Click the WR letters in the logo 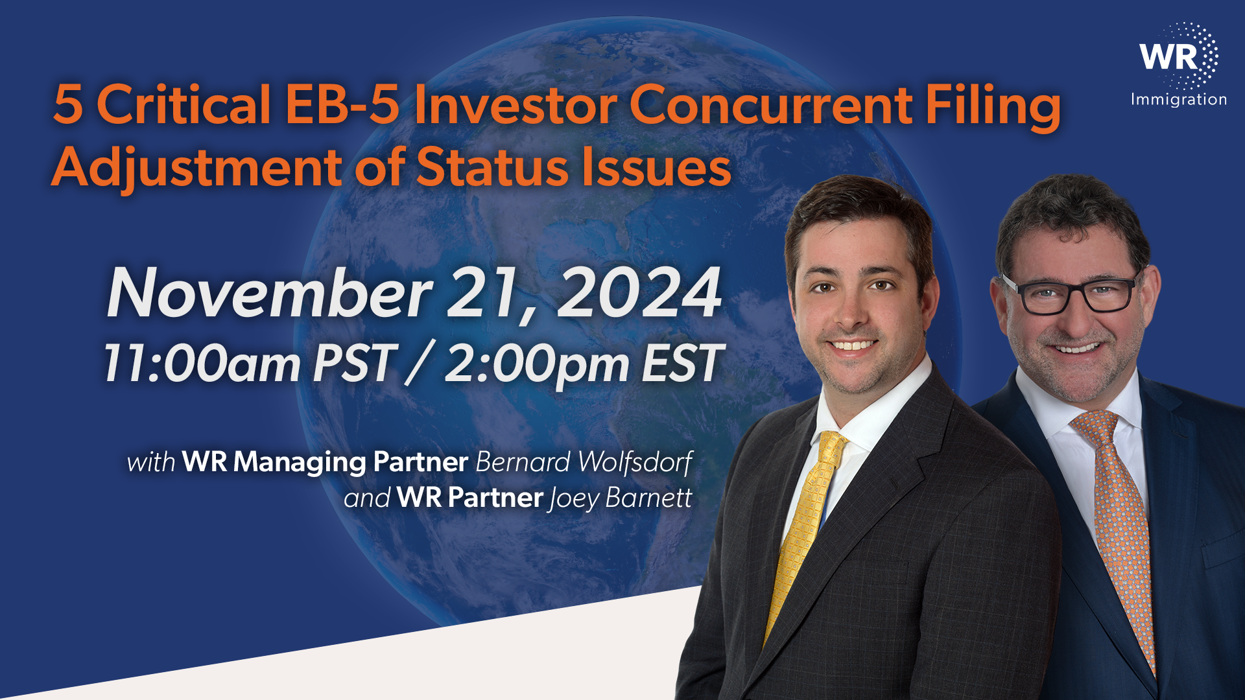coord(1168,56)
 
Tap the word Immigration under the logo coord(1179,100)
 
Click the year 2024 coord(639,292)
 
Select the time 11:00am coord(202,363)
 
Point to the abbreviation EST coord(683,363)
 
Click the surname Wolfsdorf coord(635,462)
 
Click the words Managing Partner coord(350,463)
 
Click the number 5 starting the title coord(67,104)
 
